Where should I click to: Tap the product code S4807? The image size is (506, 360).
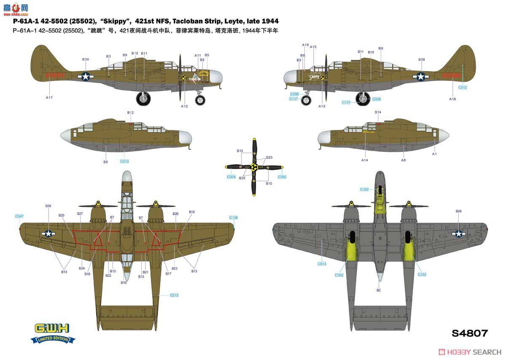(469, 333)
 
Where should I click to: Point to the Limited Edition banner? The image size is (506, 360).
(54, 339)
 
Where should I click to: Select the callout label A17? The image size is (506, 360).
(49, 97)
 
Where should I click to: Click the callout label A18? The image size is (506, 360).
(452, 99)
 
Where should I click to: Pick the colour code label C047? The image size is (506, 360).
(19, 216)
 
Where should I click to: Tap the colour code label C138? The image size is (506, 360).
(234, 218)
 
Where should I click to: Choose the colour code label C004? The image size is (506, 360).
(231, 177)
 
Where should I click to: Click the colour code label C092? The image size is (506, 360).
(282, 177)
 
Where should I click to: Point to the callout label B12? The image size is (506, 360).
(130, 113)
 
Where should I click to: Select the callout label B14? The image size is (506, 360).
(378, 112)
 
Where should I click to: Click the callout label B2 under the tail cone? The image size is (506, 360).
(378, 290)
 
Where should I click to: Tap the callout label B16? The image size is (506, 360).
(124, 282)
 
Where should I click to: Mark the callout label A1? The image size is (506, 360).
(434, 154)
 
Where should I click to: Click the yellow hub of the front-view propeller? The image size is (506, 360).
(254, 167)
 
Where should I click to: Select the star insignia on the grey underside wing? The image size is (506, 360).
(458, 233)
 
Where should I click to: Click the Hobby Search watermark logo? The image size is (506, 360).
(470, 352)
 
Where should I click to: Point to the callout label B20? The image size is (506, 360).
(62, 215)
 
